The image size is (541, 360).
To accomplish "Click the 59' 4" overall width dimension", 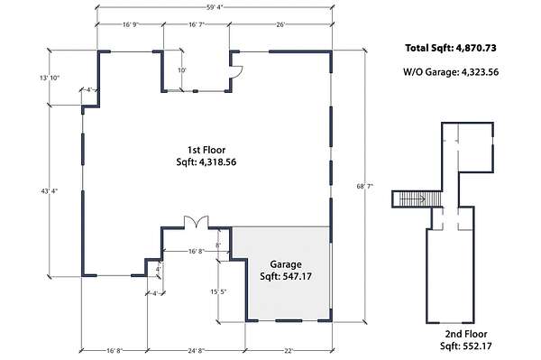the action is (215, 6).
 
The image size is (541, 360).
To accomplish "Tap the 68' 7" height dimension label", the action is (365, 187).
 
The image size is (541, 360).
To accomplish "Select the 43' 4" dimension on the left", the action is (50, 190).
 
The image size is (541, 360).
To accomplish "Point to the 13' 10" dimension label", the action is (50, 78).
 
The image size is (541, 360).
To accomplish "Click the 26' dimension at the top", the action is (280, 24).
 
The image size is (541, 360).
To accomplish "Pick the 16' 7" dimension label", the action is (197, 24).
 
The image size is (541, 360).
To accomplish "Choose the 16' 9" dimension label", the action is (131, 24).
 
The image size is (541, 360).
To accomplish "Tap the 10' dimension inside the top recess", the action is (182, 70).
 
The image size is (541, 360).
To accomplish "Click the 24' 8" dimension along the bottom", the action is (196, 351).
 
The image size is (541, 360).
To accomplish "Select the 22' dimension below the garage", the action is (289, 351).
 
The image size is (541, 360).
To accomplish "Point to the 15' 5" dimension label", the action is (218, 292).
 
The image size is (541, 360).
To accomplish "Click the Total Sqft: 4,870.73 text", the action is (451, 48).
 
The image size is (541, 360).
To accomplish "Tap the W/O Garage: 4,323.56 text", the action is (451, 72).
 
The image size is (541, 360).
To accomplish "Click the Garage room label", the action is (286, 264).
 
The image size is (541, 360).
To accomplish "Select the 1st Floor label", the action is (206, 150).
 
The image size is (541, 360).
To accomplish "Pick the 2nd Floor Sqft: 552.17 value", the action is (466, 346).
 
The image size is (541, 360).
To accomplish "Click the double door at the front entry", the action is (197, 222).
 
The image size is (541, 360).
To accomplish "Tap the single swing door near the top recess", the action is (236, 72).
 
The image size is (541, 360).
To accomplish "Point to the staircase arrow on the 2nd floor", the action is (412, 198).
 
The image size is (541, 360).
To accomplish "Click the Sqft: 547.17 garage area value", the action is (286, 276).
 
